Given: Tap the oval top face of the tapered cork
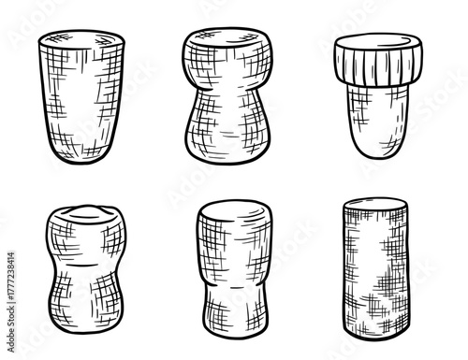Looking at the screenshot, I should pos(85,40).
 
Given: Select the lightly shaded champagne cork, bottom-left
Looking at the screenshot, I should pos(84,271).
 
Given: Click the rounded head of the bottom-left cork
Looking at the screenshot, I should pos(84,229).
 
